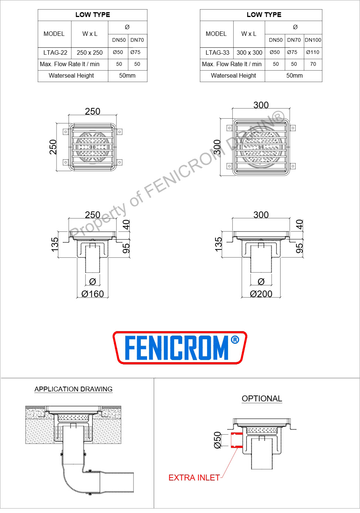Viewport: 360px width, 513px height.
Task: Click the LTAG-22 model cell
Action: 55,53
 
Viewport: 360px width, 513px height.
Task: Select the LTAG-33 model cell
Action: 217,53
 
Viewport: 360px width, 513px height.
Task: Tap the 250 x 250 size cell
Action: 89,53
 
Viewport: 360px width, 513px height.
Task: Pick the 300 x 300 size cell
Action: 249,53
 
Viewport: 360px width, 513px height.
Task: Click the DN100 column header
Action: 313,40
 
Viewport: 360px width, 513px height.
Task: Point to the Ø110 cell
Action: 313,52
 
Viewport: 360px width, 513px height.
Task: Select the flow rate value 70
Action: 313,64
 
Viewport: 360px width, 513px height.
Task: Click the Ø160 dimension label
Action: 92,294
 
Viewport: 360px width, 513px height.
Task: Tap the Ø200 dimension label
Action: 261,294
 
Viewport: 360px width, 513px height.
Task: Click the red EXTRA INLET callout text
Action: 194,478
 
